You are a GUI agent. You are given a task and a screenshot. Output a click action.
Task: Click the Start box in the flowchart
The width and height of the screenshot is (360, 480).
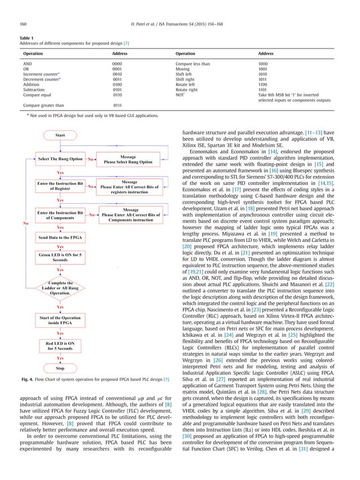pos(60,135)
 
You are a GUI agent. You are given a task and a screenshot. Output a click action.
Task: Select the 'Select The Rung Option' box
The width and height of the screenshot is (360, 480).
pos(60,160)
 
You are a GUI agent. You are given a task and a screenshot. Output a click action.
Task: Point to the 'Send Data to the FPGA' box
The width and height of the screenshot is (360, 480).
pos(60,238)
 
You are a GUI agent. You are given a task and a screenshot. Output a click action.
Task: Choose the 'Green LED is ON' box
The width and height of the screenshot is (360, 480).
pos(60,257)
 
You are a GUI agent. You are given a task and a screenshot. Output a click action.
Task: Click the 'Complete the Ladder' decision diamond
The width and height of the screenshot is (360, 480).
pos(60,288)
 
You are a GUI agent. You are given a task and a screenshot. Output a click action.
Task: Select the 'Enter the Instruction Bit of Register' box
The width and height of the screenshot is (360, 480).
pos(60,187)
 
